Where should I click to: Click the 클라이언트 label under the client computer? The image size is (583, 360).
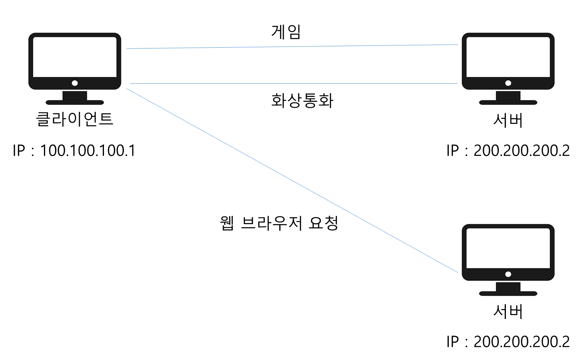(x=75, y=119)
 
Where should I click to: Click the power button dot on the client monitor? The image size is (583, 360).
(x=75, y=83)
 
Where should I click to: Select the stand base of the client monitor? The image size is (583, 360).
(x=75, y=102)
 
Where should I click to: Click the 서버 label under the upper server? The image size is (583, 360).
(x=508, y=120)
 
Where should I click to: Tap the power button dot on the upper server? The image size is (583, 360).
(x=508, y=83)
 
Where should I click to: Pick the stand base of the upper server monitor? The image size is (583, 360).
(x=508, y=102)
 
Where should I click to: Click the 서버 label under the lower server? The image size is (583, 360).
(x=508, y=311)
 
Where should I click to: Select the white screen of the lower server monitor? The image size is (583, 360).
(x=508, y=248)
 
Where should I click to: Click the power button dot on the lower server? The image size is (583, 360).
(x=508, y=274)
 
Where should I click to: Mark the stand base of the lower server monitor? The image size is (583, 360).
(x=508, y=293)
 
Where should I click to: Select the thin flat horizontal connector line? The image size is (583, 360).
(x=290, y=83)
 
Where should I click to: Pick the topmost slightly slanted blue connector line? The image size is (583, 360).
(x=290, y=47)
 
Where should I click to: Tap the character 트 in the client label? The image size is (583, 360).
(x=106, y=119)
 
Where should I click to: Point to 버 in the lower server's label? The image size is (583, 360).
(x=516, y=311)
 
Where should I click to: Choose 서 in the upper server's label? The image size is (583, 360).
(x=500, y=120)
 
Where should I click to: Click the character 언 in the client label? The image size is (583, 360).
(x=90, y=119)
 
